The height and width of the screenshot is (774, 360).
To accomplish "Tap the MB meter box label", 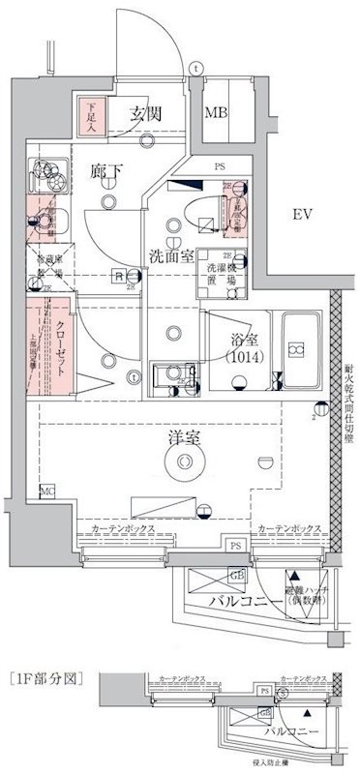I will [212, 113].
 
